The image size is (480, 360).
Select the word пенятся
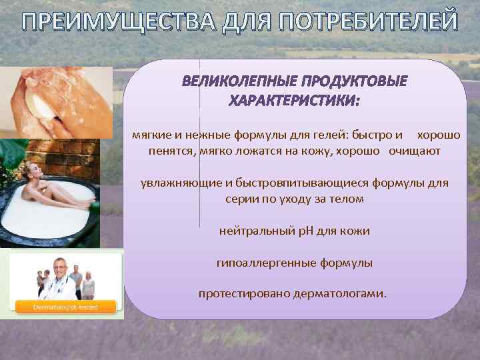pyautogui.click(x=171, y=151)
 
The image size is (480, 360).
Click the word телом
pyautogui.click(x=348, y=199)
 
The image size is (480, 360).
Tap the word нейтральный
pyautogui.click(x=258, y=231)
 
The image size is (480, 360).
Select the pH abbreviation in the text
pyautogui.click(x=313, y=231)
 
